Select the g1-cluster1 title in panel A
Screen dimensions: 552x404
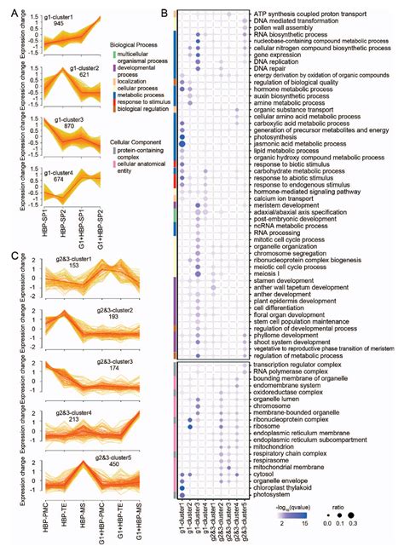(x=65, y=16)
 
